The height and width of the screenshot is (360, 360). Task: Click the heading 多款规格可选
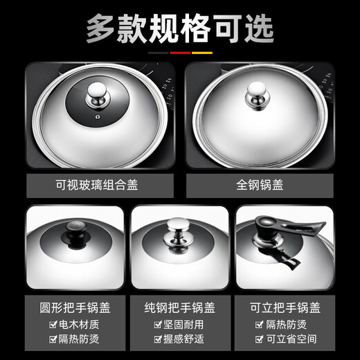pos(179,27)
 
